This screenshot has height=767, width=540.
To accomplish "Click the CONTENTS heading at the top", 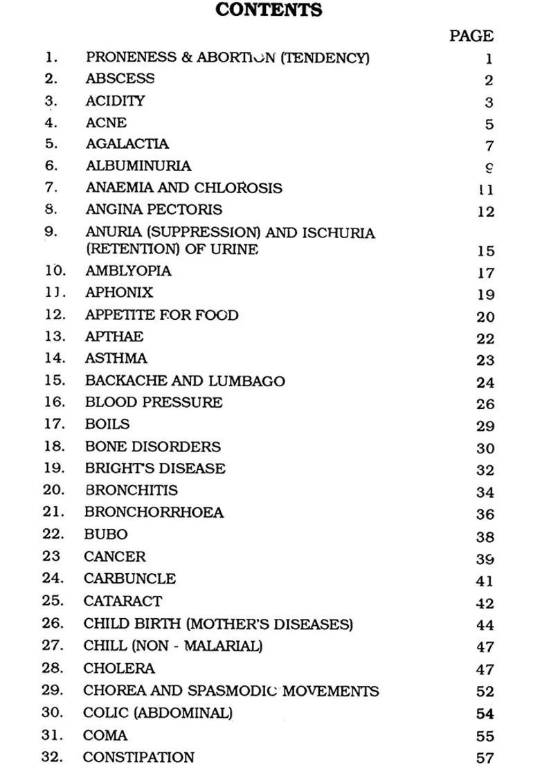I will point(269,10).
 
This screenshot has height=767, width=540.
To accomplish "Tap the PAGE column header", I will point(471,35).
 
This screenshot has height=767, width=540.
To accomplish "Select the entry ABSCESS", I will point(120,79).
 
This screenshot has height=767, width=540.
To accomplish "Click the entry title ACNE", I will point(106,123).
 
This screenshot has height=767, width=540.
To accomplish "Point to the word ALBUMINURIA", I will point(138,166).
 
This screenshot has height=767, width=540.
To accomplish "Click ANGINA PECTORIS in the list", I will point(154,209).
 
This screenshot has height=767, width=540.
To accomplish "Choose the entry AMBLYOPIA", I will point(128,271).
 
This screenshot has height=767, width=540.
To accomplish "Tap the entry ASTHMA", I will point(116,359).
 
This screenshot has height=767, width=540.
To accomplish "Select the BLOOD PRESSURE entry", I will point(154,402).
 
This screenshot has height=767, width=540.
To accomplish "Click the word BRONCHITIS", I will point(131,490).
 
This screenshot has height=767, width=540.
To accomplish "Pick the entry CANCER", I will point(115,557).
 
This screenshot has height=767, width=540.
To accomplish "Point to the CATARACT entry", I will point(123,601).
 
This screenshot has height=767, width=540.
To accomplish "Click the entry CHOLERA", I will point(119,669).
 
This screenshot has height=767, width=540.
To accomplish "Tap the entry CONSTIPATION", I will point(138,757).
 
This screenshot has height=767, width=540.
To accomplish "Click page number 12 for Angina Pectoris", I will point(485,212).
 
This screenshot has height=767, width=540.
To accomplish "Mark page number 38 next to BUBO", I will point(485,536).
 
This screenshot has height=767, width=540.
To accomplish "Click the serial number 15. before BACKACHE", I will point(54,381).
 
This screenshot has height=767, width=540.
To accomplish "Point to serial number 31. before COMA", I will point(53,735).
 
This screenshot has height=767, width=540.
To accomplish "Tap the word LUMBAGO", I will point(249,381).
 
